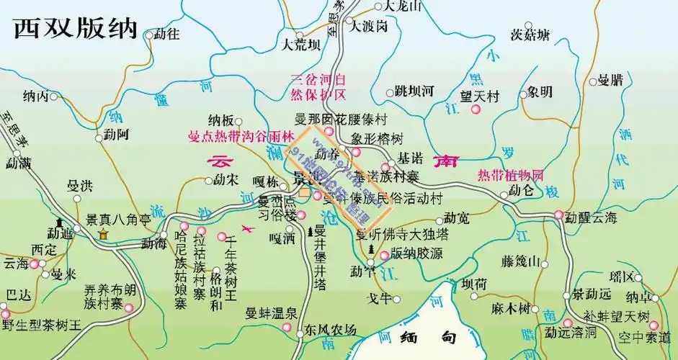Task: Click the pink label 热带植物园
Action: click(511, 175)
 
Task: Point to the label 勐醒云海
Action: click(592, 215)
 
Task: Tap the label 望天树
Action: click(480, 94)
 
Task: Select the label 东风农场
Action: click(330, 330)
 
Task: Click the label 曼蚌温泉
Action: click(272, 312)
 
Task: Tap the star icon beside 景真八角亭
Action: click(104, 234)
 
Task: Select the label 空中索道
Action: click(648, 336)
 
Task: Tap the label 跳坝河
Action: click(414, 91)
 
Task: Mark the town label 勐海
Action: click(153, 243)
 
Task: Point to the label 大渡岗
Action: click(370, 26)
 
